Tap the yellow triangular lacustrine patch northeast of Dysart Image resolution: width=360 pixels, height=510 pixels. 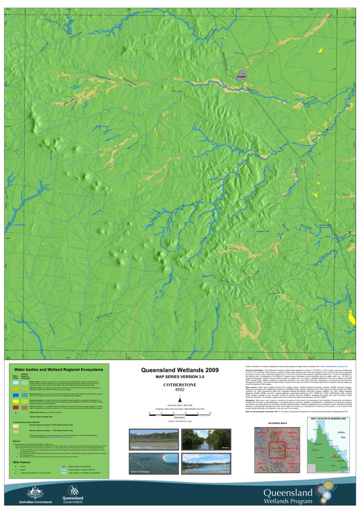click(320, 50)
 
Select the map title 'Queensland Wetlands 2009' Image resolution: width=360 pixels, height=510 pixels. click(180, 370)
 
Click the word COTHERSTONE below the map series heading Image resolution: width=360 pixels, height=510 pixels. click(180, 385)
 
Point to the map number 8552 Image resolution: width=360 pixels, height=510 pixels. click(180, 390)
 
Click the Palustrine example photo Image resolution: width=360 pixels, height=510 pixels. click(154, 439)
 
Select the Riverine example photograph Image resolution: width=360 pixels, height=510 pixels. click(206, 439)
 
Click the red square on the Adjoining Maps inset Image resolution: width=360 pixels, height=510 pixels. click(277, 449)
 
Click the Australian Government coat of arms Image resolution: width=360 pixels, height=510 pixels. click(35, 492)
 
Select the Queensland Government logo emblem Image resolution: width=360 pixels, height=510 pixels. click(73, 490)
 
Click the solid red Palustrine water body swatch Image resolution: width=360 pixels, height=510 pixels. click(16, 408)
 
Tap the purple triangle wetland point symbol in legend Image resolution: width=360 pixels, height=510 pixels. click(16, 413)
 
